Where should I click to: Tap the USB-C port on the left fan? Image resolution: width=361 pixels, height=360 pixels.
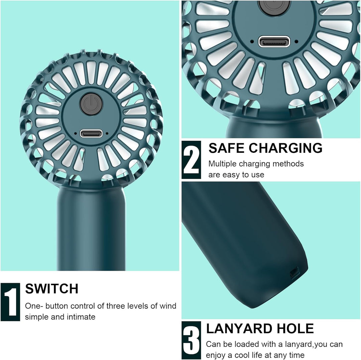[x=91, y=133]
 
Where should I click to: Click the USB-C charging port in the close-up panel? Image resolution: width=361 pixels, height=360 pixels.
[x=274, y=42]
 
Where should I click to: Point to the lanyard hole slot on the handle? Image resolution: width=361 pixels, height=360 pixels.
[x=294, y=272]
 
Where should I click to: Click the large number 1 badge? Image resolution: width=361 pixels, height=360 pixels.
[x=10, y=302]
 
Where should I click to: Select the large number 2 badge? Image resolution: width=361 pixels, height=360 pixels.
[x=191, y=160]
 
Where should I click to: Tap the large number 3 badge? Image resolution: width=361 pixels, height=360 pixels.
[x=191, y=340]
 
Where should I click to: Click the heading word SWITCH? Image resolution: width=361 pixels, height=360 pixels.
[x=51, y=289]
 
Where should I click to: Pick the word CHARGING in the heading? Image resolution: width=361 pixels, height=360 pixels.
[x=286, y=148]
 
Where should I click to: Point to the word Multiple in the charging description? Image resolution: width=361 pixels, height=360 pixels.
[x=222, y=164]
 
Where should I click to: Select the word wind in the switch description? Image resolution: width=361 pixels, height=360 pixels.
[x=168, y=306]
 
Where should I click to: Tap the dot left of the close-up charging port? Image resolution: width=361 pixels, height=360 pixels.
[x=252, y=42]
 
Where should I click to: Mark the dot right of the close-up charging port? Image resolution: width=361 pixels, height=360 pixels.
[x=296, y=42]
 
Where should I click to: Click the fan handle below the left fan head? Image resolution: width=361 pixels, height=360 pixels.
[x=91, y=228]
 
